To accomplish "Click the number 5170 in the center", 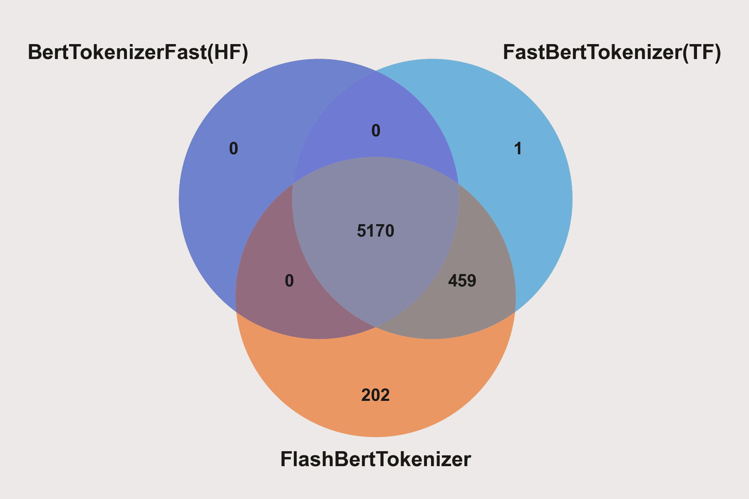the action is click(x=375, y=231).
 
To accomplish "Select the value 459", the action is click(x=462, y=281).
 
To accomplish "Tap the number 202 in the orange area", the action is click(x=375, y=395).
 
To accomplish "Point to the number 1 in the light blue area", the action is click(x=518, y=149).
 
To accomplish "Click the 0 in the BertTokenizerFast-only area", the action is click(x=233, y=149).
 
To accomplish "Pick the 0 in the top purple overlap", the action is click(x=376, y=131).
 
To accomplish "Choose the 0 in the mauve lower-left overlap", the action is click(x=289, y=281).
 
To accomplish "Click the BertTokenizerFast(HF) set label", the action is click(x=138, y=52).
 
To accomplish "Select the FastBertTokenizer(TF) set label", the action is click(x=612, y=52).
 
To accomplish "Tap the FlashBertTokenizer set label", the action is click(x=375, y=459).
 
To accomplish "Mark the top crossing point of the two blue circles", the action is click(x=376, y=71).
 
